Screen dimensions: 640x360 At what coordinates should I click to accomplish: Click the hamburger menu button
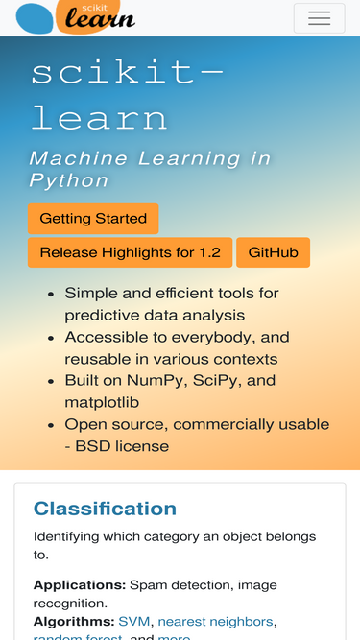tap(319, 18)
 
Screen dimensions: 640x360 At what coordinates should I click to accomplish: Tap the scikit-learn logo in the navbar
tap(77, 16)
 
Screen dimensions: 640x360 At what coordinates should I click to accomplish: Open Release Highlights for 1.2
tap(130, 253)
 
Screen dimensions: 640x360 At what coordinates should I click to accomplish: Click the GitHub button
tap(273, 253)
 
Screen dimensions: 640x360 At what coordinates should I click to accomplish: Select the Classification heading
tap(105, 509)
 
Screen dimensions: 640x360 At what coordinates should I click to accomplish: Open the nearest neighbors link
tap(215, 621)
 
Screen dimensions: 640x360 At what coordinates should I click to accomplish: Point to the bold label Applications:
tap(80, 584)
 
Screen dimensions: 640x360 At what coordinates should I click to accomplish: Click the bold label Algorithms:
tap(74, 621)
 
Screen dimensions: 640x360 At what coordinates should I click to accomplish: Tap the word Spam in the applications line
tap(148, 584)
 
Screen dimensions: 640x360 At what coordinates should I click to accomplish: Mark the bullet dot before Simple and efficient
tap(50, 294)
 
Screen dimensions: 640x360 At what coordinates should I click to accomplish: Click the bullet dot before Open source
tap(50, 424)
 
